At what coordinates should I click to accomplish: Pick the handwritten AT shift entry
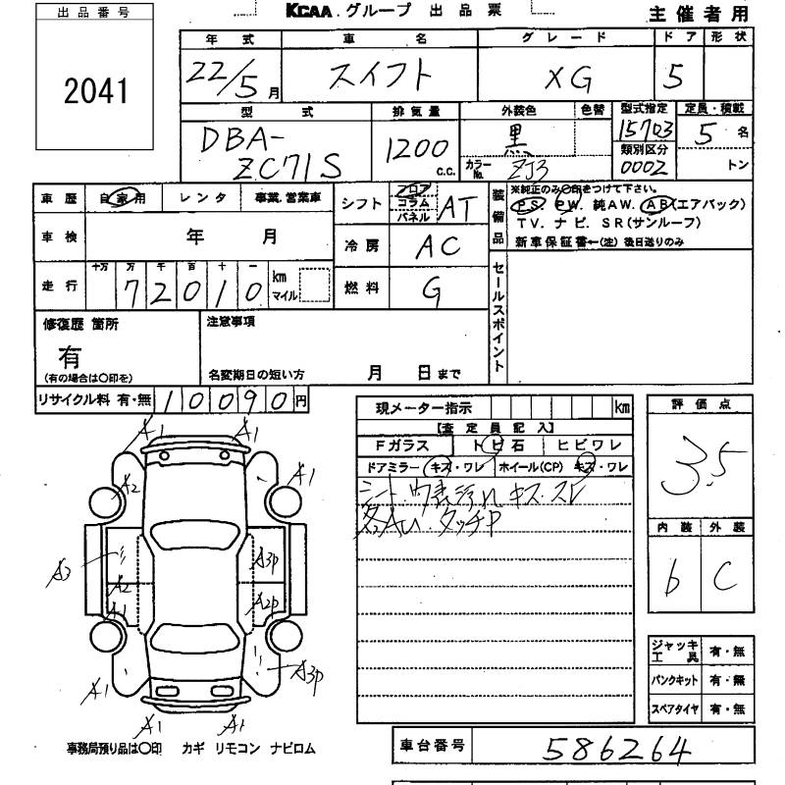(x=453, y=207)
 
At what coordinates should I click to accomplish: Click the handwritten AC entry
(x=436, y=246)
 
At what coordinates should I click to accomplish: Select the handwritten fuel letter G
(x=430, y=288)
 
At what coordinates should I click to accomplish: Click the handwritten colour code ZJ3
(x=535, y=169)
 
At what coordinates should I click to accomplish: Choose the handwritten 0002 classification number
(x=644, y=168)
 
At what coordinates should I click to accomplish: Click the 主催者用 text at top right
(x=697, y=14)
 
